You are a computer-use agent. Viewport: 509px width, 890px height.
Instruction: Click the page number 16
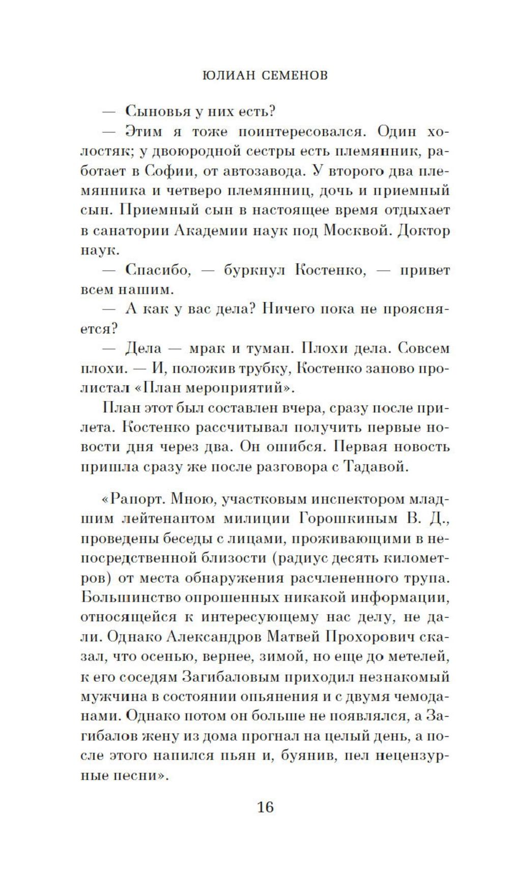pos(266,807)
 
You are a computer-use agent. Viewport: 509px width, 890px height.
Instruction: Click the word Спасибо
pos(158,270)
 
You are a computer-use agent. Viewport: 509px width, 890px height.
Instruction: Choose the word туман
pos(267,349)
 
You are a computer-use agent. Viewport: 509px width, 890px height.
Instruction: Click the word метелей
pos(419,657)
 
